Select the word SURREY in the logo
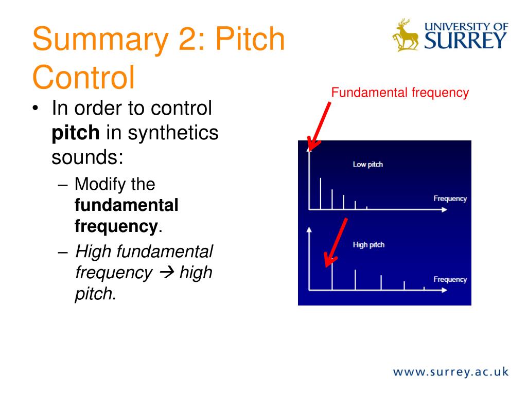click(466, 40)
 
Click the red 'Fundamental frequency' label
click(400, 93)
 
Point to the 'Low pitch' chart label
click(367, 165)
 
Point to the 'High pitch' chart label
click(368, 245)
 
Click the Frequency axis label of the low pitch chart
click(450, 199)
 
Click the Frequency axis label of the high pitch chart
click(450, 279)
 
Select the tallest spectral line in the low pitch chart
click(321, 193)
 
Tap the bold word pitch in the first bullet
click(75, 133)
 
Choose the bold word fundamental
click(127, 205)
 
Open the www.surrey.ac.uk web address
click(451, 371)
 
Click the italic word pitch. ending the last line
click(96, 294)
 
